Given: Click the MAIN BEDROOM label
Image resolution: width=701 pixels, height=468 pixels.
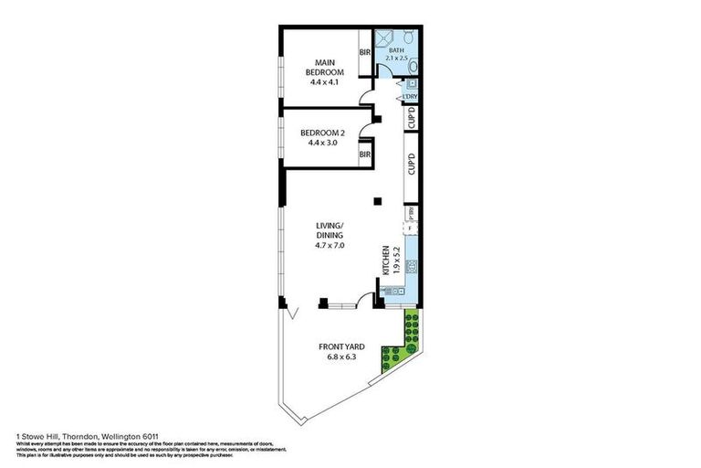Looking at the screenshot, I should (325, 69).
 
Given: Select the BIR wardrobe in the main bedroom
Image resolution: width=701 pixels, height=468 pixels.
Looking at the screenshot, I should (365, 54).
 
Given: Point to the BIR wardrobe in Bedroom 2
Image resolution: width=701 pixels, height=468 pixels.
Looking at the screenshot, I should (365, 155).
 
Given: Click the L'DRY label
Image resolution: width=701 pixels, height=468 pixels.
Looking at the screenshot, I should (411, 95).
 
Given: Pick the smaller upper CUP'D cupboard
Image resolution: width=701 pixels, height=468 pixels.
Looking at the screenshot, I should (412, 120).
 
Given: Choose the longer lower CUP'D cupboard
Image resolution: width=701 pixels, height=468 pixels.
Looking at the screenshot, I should (412, 165).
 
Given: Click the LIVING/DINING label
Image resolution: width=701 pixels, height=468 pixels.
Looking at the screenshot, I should (330, 234).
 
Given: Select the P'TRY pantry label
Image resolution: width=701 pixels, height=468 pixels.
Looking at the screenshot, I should (412, 212).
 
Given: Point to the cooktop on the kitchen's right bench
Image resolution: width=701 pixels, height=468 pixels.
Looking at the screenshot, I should (412, 268).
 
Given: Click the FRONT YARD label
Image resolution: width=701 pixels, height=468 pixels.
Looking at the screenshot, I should (342, 346).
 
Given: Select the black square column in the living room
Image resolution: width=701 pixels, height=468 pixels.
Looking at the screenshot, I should (375, 201).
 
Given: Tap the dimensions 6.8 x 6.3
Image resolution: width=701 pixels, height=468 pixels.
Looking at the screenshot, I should (342, 357).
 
